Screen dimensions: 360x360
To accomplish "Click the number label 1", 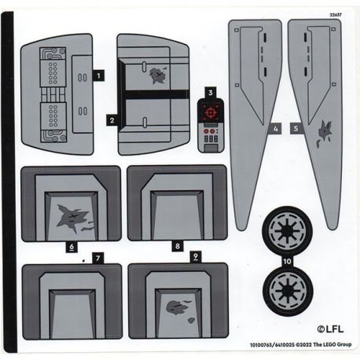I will pos(98,75).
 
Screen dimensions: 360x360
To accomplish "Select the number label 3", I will pos(211,93).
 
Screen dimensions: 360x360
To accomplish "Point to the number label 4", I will pos(275,127).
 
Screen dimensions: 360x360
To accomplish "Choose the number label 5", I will pos(295,127).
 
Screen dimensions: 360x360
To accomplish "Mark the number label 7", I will pos(97,257).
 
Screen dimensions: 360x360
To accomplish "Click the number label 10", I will pos(287,260).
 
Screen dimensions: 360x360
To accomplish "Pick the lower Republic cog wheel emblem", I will pos(288,290).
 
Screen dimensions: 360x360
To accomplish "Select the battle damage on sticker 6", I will pos(75,217).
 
